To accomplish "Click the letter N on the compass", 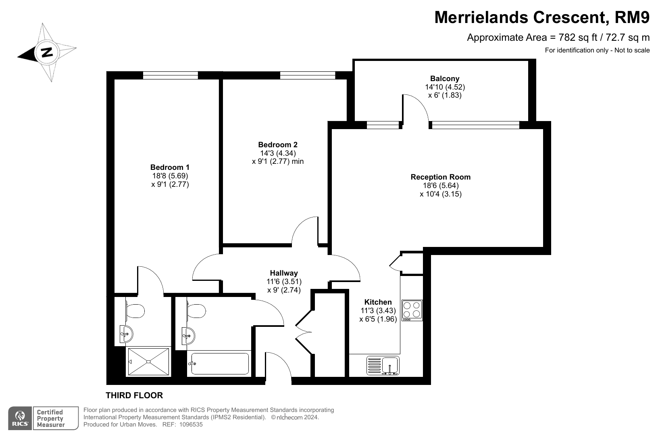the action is click(47, 52).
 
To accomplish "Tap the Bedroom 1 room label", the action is click(170, 167).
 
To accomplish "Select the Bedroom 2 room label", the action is click(277, 145).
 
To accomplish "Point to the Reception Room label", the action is click(440, 177).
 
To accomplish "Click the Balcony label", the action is click(445, 79).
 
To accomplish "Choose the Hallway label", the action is click(284, 273).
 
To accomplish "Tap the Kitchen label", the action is click(378, 302).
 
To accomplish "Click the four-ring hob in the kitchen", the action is click(412, 310).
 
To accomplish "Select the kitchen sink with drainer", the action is click(383, 366).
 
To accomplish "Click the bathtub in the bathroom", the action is click(219, 364).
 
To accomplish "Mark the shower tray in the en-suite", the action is click(149, 362).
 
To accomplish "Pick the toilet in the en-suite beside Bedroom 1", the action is click(135, 311).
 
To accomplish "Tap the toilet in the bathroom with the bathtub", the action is click(196, 311).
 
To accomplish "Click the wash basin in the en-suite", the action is click(127, 334).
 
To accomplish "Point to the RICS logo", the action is click(20, 418).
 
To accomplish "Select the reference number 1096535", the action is click(191, 424).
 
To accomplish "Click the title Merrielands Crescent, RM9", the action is click(542, 17).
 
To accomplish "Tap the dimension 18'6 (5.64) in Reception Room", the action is click(441, 186).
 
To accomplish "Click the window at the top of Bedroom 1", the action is click(171, 75).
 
